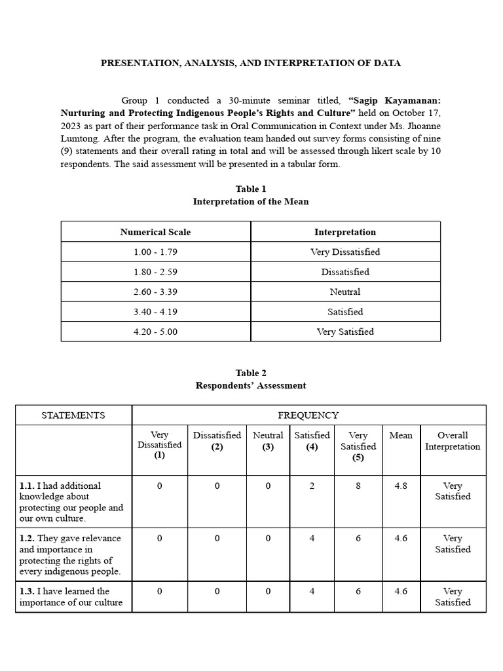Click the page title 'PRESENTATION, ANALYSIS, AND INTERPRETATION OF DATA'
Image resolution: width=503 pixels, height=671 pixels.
[x=251, y=63]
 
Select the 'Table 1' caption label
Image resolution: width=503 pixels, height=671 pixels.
[x=251, y=189]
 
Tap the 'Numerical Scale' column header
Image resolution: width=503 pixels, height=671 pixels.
[x=155, y=232]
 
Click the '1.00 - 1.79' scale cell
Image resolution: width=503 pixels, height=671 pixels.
[x=155, y=252]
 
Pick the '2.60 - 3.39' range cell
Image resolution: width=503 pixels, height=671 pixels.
[x=155, y=292]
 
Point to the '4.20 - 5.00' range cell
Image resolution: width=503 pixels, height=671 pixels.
[x=155, y=332]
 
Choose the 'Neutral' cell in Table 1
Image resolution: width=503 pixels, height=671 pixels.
[x=345, y=292]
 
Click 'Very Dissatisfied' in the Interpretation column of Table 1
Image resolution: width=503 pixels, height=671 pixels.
[x=345, y=252]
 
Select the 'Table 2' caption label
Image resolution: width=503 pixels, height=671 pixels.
[x=251, y=373]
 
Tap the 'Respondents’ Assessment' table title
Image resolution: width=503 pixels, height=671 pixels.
[x=251, y=385]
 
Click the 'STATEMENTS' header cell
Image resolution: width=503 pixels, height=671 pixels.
[x=73, y=415]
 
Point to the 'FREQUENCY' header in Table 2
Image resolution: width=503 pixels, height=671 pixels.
[x=308, y=415]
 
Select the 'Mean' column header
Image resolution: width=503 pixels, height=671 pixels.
[x=401, y=435]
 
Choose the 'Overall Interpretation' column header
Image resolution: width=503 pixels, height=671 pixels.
[x=453, y=440]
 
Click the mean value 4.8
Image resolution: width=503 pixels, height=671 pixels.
[x=401, y=486]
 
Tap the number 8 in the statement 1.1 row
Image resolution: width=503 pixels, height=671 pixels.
[x=358, y=486]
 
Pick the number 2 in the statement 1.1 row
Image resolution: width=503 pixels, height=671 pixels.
[x=312, y=486]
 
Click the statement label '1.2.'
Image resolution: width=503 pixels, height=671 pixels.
[x=27, y=539]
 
